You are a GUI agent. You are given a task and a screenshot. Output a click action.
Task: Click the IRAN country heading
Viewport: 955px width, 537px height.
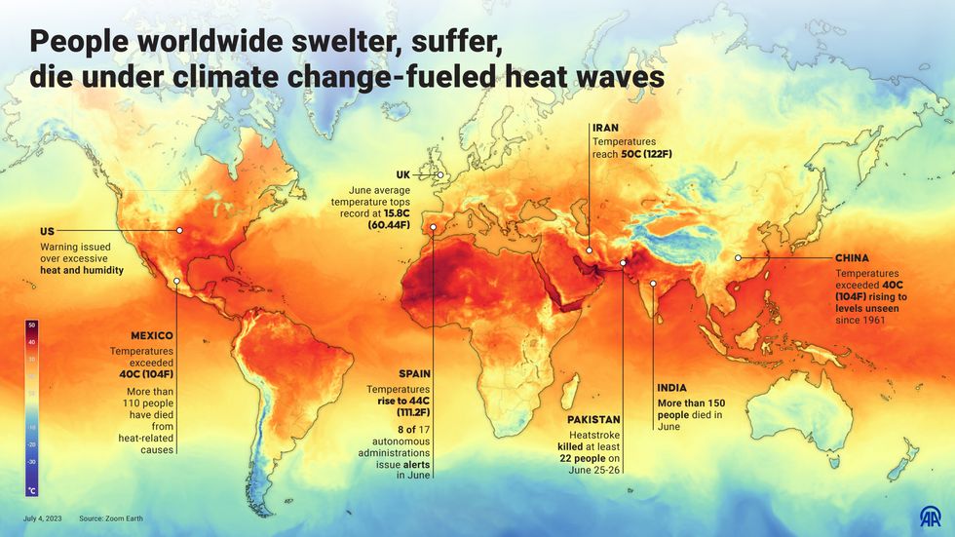point(605,128)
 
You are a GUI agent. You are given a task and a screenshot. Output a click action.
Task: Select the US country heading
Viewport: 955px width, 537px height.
point(47,231)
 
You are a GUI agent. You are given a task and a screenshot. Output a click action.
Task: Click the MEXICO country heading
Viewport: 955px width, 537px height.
point(152,335)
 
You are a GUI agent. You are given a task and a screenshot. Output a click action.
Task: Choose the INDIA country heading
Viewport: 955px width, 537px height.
point(676,386)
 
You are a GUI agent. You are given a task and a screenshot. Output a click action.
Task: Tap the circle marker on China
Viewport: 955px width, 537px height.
point(739,258)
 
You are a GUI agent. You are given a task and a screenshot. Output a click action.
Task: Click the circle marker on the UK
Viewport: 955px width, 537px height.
point(440,175)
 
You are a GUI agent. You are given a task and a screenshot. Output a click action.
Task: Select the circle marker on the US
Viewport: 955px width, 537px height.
point(180,231)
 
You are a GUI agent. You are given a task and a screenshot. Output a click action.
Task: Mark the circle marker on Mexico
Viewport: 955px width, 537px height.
point(176,283)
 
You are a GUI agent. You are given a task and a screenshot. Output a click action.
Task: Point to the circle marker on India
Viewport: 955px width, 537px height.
point(653,284)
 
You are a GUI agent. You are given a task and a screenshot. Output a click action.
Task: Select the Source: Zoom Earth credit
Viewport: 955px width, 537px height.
point(111,518)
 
